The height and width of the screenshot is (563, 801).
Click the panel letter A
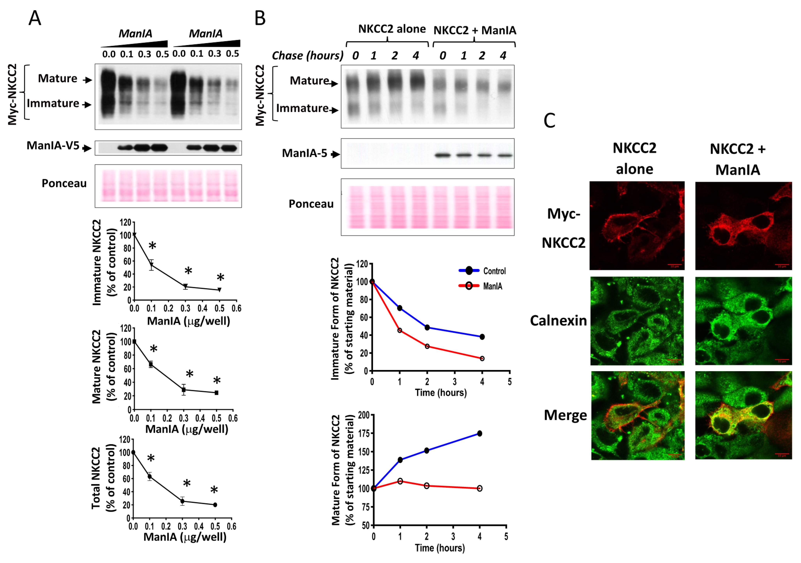35,18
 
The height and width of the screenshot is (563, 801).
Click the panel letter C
549,121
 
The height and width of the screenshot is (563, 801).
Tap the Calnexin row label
558,320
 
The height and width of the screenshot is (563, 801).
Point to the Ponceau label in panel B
311,204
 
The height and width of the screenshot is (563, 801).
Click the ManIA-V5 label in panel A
53,146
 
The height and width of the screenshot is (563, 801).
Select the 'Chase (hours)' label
307,56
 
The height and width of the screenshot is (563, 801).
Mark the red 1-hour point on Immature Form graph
400,330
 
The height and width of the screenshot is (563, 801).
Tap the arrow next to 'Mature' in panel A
87,80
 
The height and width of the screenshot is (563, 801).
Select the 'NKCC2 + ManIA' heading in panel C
737,159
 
